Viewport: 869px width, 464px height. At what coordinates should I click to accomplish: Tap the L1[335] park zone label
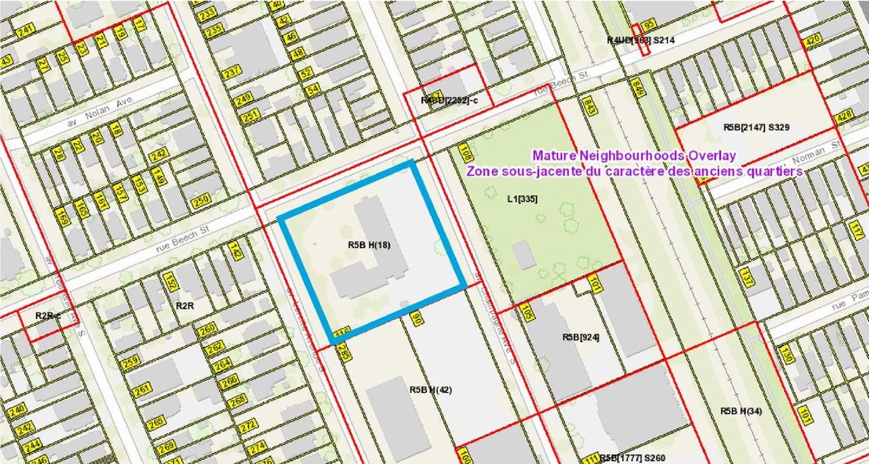tap(522, 199)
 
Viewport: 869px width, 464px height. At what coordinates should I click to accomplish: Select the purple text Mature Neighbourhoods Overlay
tap(634, 155)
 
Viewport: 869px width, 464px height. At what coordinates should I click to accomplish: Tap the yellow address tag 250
tap(201, 201)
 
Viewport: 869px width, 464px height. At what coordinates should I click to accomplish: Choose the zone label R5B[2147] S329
tap(756, 127)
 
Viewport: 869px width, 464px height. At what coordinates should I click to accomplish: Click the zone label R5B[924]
tap(580, 337)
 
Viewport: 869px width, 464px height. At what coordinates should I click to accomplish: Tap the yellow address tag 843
tap(589, 106)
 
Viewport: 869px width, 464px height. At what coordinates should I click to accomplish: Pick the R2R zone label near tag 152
tap(185, 306)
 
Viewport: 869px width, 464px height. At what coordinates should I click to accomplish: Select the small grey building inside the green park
tap(523, 255)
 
